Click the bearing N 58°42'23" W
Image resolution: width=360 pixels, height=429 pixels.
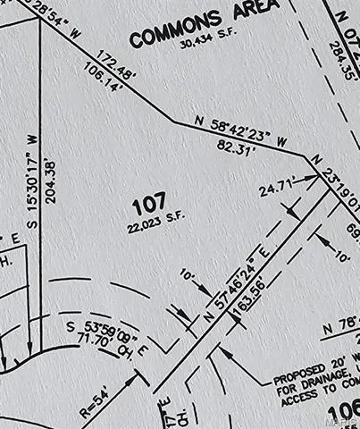coord(242,130)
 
